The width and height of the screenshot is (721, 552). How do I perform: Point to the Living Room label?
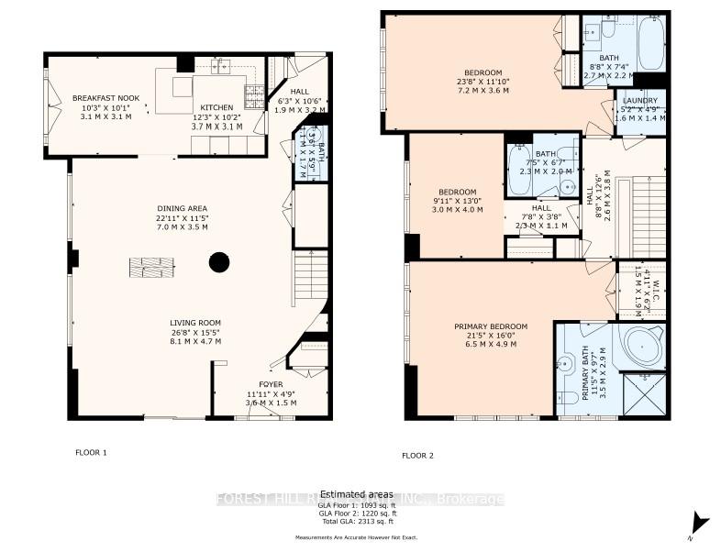pyautogui.click(x=195, y=323)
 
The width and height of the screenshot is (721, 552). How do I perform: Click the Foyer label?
pyautogui.click(x=271, y=384)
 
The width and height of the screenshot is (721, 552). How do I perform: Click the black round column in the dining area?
pyautogui.click(x=218, y=263)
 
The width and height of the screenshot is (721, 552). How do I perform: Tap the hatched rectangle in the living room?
pyautogui.click(x=151, y=267)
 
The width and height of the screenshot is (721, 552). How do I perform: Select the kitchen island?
pyautogui.click(x=173, y=92)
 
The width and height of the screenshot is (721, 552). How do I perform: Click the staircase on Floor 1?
pyautogui.click(x=310, y=275)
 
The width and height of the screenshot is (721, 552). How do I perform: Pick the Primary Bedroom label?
pyautogui.click(x=491, y=326)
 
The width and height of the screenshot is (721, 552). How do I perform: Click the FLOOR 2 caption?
pyautogui.click(x=417, y=455)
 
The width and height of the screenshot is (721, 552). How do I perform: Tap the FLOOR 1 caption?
pyautogui.click(x=91, y=452)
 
